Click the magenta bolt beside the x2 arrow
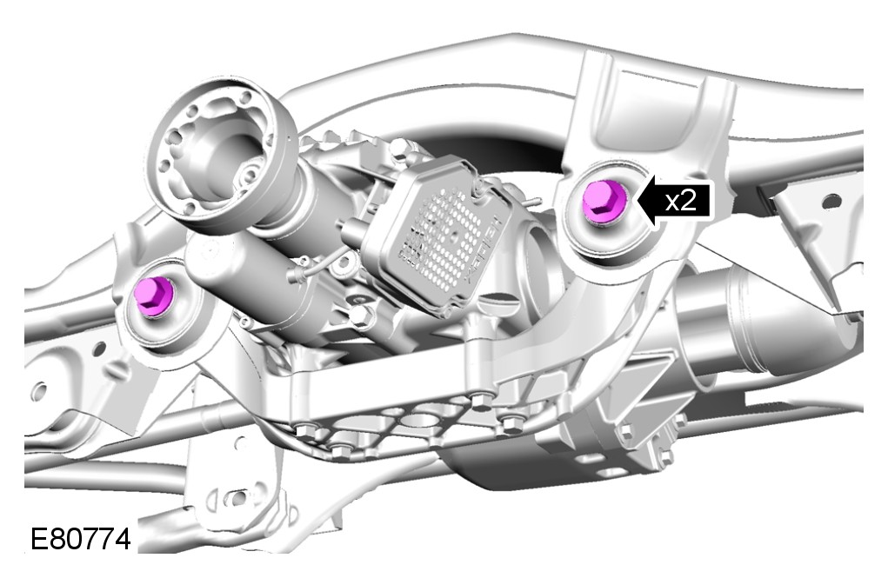coord(604,201)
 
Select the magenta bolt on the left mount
coord(154,295)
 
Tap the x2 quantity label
coord(680,201)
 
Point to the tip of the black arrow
coord(638,200)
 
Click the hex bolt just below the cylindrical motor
coord(358,316)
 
